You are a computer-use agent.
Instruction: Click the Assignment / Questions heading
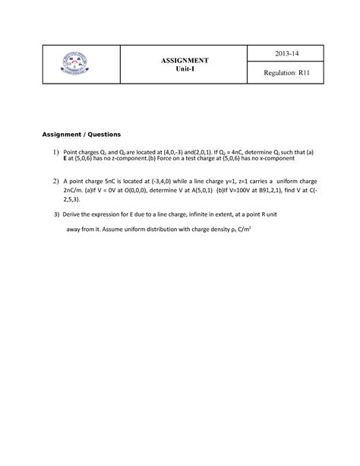pyautogui.click(x=87, y=135)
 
